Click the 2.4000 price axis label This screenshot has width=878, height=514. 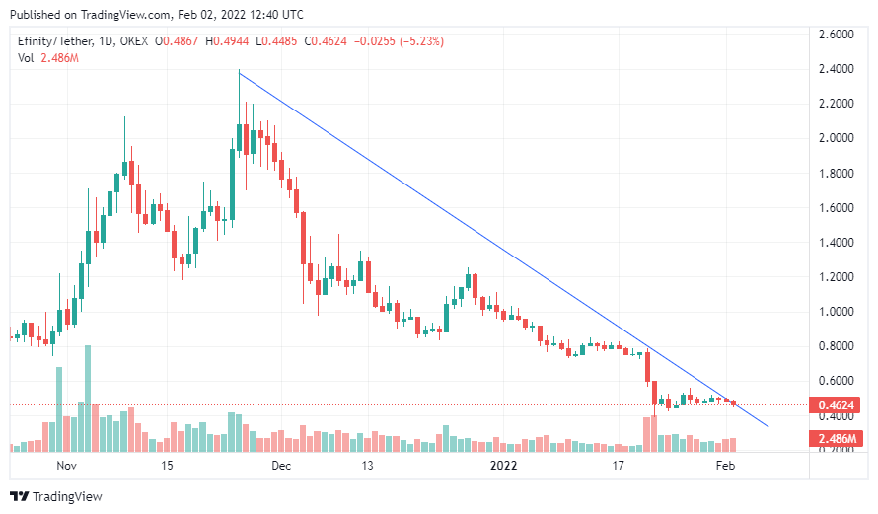pyautogui.click(x=836, y=69)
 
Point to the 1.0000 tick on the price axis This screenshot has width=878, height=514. pyautogui.click(x=836, y=312)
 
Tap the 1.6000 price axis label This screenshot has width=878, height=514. pyautogui.click(x=836, y=208)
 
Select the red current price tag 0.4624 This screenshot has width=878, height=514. pyautogui.click(x=836, y=404)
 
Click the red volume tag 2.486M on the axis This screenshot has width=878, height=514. pyautogui.click(x=836, y=438)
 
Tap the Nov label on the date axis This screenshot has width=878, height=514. pyautogui.click(x=67, y=466)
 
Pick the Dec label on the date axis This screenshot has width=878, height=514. pyautogui.click(x=281, y=466)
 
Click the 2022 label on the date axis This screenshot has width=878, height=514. pyautogui.click(x=503, y=466)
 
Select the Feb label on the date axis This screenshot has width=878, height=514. pyautogui.click(x=725, y=466)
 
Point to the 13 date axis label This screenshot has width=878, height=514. pyautogui.click(x=367, y=466)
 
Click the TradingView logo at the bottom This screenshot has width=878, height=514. pyautogui.click(x=56, y=496)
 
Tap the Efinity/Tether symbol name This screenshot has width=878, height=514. pyautogui.click(x=55, y=41)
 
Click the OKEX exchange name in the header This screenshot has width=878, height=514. pyautogui.click(x=134, y=41)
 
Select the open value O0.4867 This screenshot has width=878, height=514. pyautogui.click(x=177, y=41)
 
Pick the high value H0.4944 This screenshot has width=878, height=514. pyautogui.click(x=227, y=41)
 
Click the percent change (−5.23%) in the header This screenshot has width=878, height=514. pyautogui.click(x=421, y=41)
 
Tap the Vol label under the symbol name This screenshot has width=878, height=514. pyautogui.click(x=26, y=58)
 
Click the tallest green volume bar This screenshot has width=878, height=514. pyautogui.click(x=88, y=399)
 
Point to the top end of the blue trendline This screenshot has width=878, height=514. pyautogui.click(x=239, y=73)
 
